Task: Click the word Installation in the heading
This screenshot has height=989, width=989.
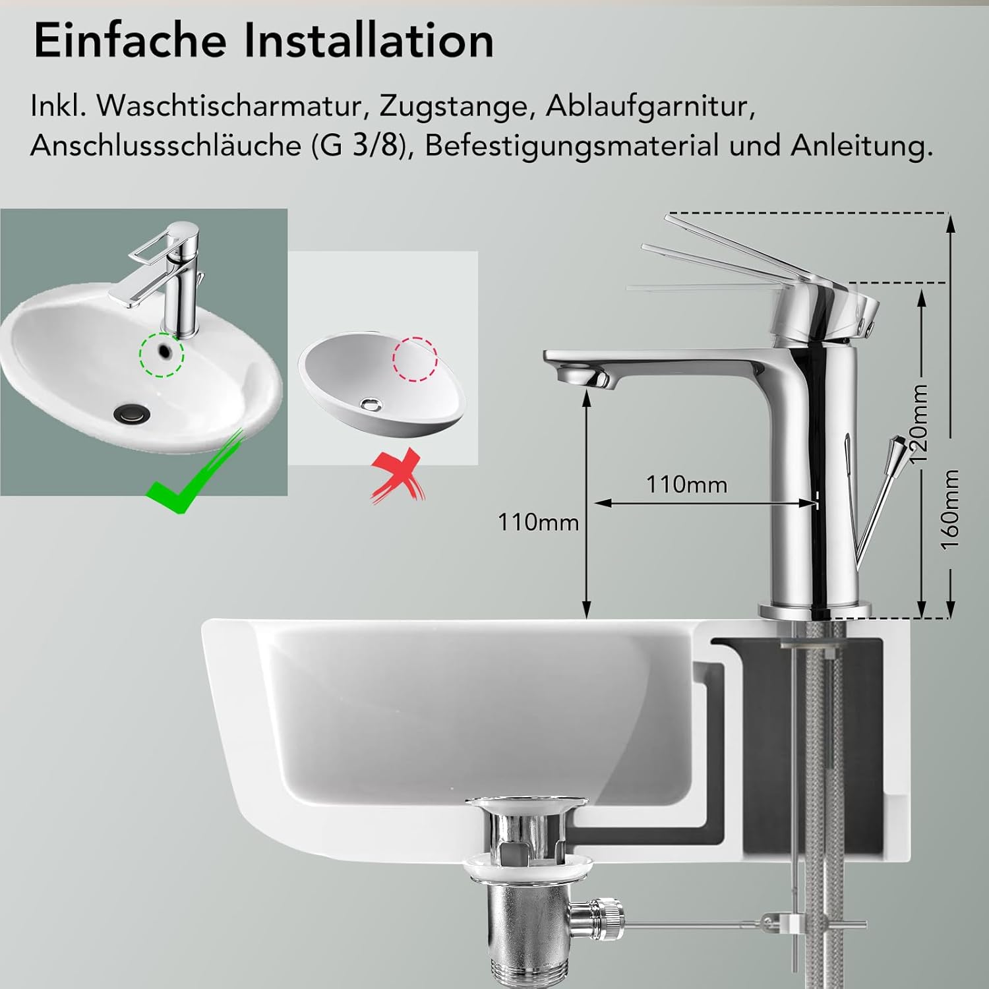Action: click(369, 41)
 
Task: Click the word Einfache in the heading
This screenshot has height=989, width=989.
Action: click(131, 41)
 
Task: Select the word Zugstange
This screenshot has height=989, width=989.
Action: click(456, 106)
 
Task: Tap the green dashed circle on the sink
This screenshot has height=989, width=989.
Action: click(162, 354)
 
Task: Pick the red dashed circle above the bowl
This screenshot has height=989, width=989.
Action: click(415, 359)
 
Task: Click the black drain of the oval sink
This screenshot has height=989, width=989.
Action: click(132, 413)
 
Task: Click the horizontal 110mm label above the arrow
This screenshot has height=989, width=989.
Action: click(686, 485)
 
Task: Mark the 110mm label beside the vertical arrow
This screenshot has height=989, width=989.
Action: click(538, 522)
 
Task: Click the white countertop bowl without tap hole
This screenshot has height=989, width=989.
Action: click(382, 389)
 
